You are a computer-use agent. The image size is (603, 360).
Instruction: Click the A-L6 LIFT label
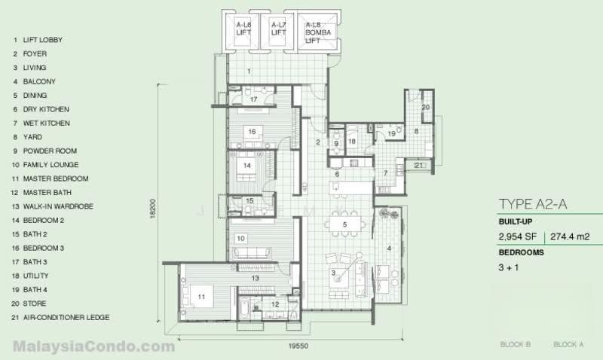click(243, 29)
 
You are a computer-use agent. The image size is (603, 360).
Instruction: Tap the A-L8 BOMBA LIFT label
click(318, 32)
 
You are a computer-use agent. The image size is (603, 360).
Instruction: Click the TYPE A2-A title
click(533, 204)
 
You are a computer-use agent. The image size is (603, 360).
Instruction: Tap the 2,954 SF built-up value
click(517, 236)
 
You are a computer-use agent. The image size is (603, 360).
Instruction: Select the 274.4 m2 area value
click(570, 236)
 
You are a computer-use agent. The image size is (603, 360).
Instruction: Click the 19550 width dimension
click(298, 346)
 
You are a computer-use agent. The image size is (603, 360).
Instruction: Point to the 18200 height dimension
click(153, 209)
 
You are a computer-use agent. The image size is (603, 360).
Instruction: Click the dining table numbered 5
click(344, 224)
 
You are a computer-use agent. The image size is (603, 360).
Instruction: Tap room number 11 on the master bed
click(201, 297)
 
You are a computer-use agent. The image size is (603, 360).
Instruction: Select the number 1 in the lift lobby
click(249, 71)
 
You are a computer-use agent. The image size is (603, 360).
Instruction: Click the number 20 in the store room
click(426, 107)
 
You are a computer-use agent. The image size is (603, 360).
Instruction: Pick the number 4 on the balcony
click(389, 249)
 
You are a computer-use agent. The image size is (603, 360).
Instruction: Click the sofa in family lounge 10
click(253, 253)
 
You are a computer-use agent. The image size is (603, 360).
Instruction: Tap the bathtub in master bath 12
click(244, 310)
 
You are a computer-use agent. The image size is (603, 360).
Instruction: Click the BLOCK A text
click(568, 344)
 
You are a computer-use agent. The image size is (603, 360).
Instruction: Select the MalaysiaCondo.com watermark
click(93, 346)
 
